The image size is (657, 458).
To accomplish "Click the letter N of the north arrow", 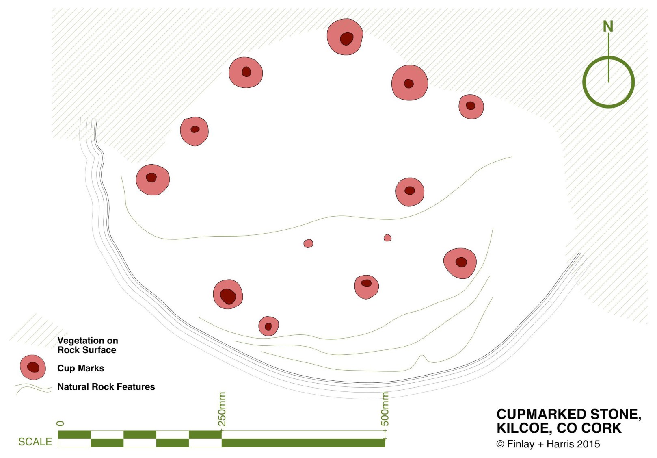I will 607,26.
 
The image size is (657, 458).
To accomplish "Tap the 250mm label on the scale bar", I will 222,409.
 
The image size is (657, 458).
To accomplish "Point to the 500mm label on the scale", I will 385,409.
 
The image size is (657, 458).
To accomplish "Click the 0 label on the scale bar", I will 61,423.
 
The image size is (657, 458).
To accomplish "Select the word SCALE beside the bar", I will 35,442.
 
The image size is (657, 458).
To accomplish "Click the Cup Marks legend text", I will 80,368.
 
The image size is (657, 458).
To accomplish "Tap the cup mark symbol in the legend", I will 33,367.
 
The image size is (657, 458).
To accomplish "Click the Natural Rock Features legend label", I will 106,387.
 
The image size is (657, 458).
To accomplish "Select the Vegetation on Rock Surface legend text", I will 87,345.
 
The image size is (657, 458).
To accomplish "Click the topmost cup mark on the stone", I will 345,37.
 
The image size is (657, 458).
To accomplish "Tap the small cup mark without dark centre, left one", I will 308,243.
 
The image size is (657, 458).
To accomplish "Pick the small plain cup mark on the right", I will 387,238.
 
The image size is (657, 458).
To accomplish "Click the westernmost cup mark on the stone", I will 152,180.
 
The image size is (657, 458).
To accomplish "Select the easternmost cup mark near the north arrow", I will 471,106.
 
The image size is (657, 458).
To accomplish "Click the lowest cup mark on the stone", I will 268,326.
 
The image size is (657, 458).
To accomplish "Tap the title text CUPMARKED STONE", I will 568,414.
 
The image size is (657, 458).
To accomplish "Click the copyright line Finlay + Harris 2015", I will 548,444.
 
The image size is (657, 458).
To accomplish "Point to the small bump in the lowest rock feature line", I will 422,357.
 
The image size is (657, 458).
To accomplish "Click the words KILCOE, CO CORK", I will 559,428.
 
